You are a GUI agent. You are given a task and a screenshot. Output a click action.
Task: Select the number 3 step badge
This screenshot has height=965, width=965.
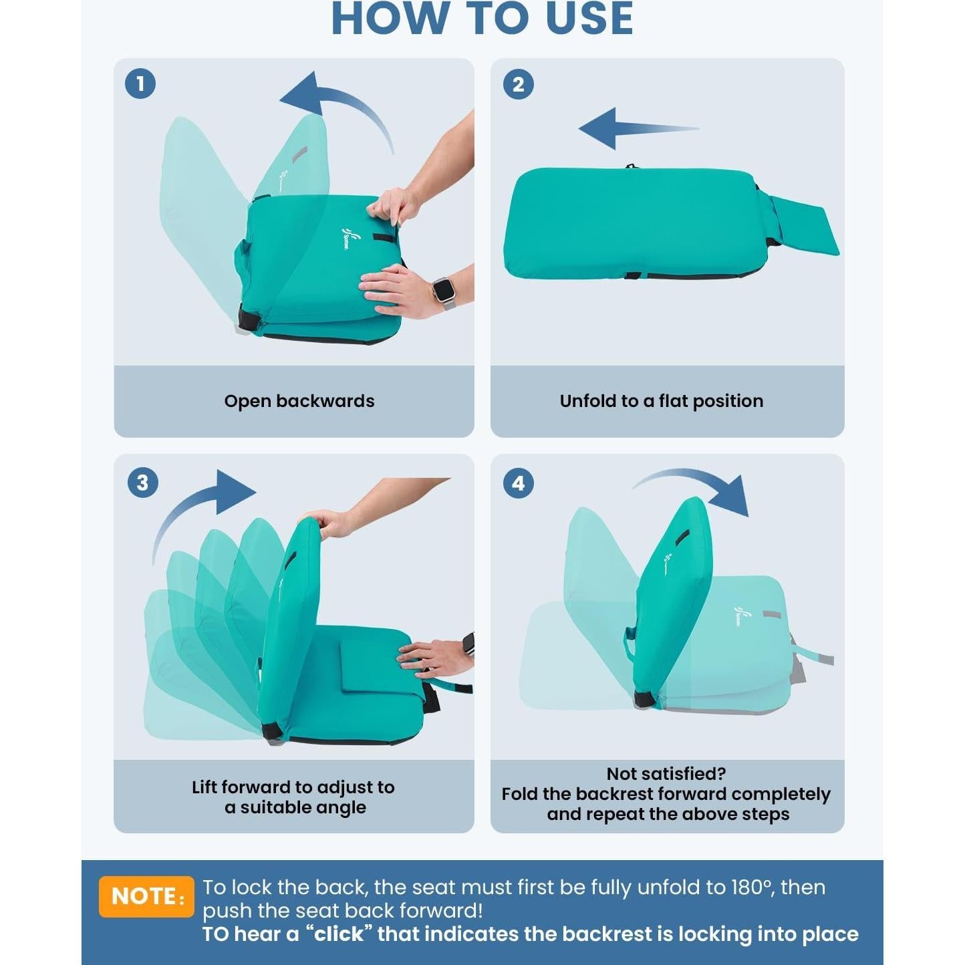point(143,482)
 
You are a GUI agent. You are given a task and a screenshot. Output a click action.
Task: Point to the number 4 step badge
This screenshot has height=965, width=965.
point(519,482)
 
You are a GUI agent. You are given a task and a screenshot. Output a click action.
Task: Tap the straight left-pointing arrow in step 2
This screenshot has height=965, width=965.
point(638,128)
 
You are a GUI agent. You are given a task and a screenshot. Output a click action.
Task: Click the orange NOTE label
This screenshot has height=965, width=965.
point(146,896)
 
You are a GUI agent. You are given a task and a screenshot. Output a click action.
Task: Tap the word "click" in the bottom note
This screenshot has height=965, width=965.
point(339,934)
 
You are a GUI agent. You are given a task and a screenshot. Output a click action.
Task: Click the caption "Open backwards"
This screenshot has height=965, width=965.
point(299,401)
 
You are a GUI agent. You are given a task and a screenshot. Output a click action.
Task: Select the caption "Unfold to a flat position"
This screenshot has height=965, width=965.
point(662,401)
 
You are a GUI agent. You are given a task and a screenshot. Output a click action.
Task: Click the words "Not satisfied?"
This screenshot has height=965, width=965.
point(666,774)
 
